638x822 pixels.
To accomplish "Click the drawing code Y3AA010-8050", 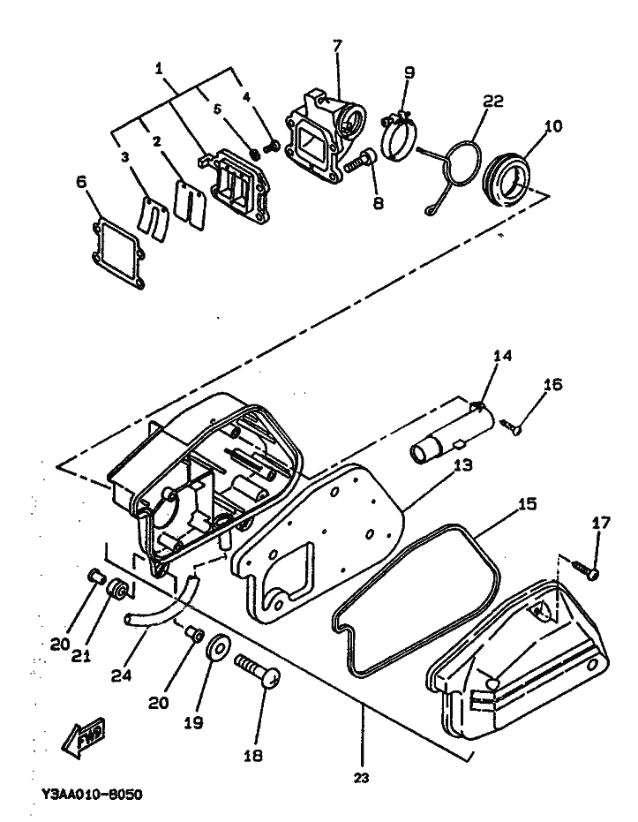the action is click(x=92, y=795).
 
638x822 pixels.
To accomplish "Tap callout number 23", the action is click(x=362, y=778).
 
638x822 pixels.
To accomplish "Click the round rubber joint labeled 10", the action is click(x=506, y=178).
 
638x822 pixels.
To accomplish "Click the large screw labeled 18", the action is click(x=258, y=671).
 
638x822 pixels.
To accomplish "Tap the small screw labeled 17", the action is click(x=585, y=569).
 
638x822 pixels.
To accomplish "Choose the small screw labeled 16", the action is click(x=511, y=426).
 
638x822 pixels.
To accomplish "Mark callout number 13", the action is click(x=462, y=465).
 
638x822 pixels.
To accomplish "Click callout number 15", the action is click(x=528, y=504).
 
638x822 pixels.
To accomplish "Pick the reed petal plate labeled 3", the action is click(x=153, y=217).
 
